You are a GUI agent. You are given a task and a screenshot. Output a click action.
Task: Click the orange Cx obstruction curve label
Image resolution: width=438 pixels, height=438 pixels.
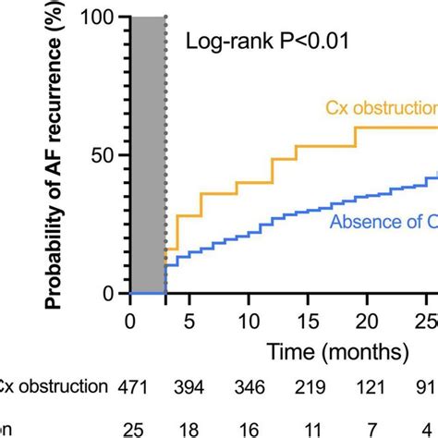[x=380, y=108]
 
